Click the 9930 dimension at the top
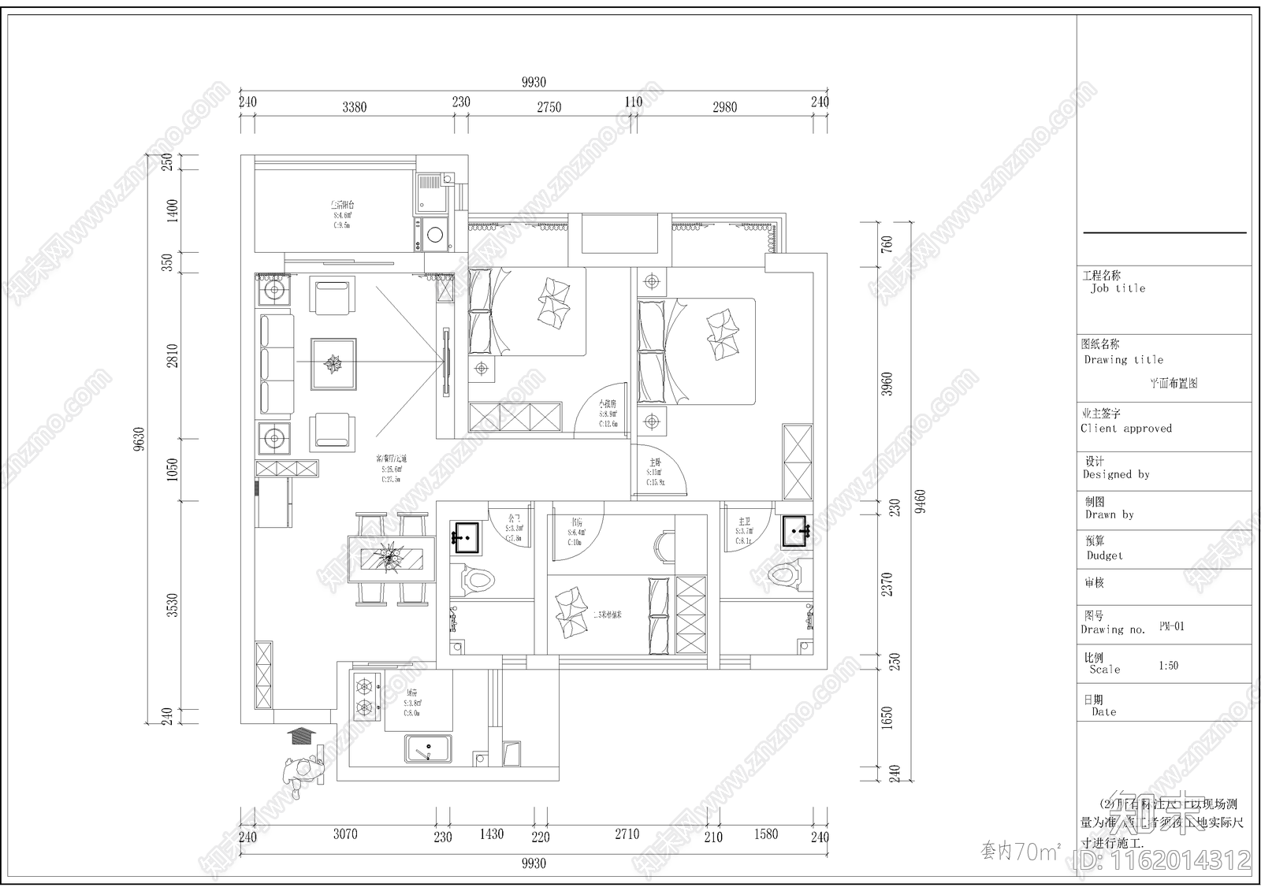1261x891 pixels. click(x=534, y=83)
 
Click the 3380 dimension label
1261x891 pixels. click(x=354, y=107)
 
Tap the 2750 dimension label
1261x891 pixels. click(x=549, y=107)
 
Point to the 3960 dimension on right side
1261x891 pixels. click(x=887, y=384)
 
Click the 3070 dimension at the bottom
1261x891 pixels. click(x=345, y=834)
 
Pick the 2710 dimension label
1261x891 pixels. click(x=627, y=834)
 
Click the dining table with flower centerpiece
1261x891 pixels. click(x=392, y=559)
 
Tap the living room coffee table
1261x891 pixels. click(x=333, y=364)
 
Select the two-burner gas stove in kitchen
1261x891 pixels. click(x=364, y=696)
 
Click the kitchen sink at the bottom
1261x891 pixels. click(x=429, y=748)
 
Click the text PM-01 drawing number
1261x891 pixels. click(x=1171, y=626)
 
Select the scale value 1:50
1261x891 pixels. click(x=1168, y=666)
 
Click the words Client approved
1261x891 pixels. click(x=1126, y=429)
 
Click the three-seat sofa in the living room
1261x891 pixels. click(x=275, y=364)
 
